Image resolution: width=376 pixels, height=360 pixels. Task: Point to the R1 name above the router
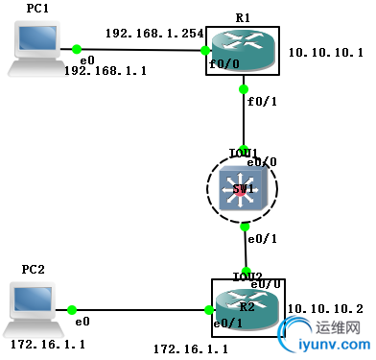point(243,17)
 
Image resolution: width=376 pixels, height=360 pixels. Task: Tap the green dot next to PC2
point(72,309)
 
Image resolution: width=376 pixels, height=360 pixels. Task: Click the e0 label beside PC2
point(83,323)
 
